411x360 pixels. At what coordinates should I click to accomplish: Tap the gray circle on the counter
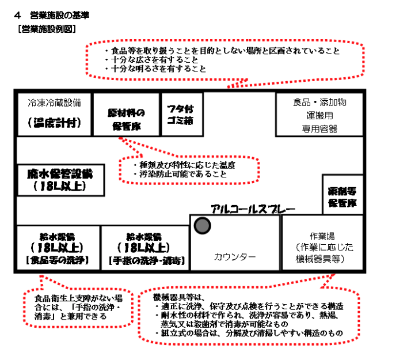(201, 226)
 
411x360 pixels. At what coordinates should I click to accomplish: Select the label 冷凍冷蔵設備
(55, 104)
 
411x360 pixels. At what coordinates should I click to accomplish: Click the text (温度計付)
(54, 122)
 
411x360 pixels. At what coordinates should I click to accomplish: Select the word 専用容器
(319, 128)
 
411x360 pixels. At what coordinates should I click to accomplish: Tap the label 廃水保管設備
(59, 173)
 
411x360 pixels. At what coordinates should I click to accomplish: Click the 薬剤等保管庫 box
(342, 196)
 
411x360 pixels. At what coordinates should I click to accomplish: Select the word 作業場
(322, 236)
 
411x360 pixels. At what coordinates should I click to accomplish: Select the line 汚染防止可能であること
(175, 173)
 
